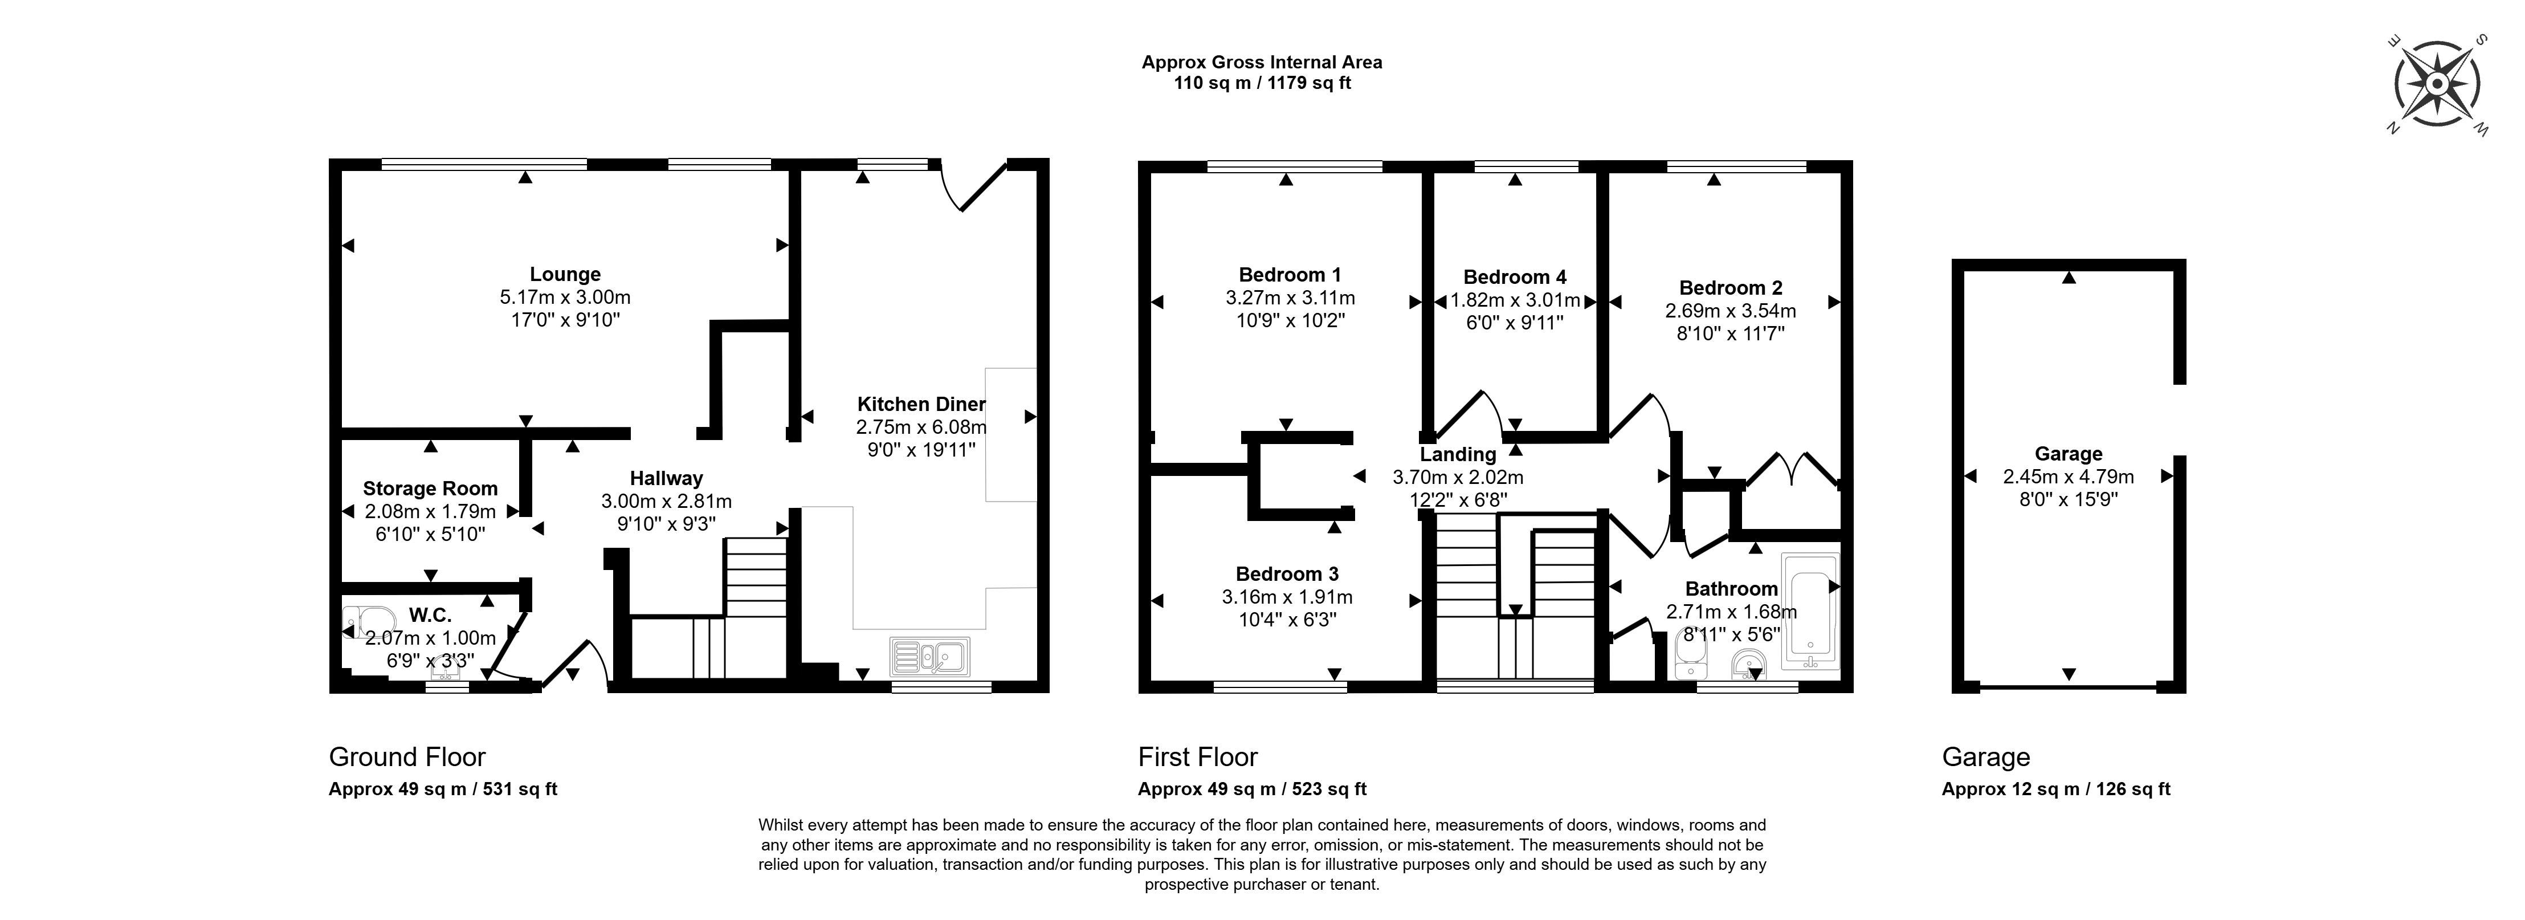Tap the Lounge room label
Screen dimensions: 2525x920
click(x=566, y=275)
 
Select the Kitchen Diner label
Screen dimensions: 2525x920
click(x=921, y=404)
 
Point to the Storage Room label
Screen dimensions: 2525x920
click(x=430, y=489)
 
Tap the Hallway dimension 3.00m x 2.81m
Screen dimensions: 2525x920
click(x=667, y=501)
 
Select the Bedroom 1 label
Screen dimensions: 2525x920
click(x=1290, y=275)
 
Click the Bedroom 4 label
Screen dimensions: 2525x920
click(x=1515, y=278)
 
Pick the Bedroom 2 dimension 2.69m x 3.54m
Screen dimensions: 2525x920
click(x=1731, y=311)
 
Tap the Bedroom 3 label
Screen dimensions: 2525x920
click(x=1287, y=574)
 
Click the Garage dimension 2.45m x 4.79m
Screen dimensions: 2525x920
click(x=2068, y=477)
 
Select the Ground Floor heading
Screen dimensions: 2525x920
click(x=407, y=757)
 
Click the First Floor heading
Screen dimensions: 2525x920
click(x=1198, y=757)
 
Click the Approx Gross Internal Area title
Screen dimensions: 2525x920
click(x=1263, y=62)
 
